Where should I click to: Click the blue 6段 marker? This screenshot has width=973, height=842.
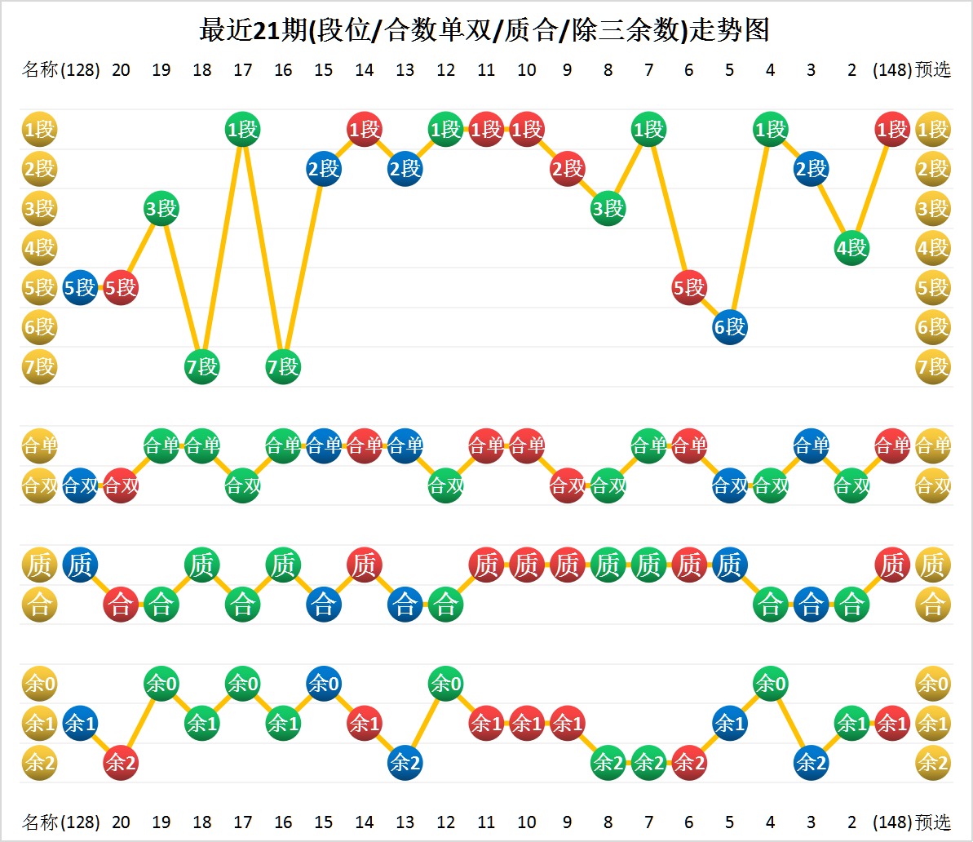coord(730,327)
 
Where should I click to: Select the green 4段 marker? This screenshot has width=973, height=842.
coord(851,248)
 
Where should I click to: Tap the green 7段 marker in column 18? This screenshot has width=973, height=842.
coord(202,367)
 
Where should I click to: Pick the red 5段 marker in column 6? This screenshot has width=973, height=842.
coord(689,287)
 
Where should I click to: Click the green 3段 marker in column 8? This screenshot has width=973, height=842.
coord(608,208)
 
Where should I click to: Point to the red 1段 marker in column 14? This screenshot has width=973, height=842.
coord(365,129)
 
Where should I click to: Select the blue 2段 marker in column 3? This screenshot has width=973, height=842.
coord(811,169)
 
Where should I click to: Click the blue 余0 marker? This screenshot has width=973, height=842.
coord(324,684)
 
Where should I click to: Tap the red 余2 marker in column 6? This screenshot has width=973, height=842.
coord(689,763)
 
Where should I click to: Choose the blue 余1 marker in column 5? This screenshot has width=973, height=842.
coord(730,723)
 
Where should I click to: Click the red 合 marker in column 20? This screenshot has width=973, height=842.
coord(121,605)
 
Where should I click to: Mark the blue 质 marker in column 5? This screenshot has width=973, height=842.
coord(730,565)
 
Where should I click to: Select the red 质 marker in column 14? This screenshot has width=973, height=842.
coord(365,565)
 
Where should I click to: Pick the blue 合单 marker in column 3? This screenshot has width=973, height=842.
coord(811,445)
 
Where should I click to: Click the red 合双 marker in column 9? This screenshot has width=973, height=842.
coord(567,485)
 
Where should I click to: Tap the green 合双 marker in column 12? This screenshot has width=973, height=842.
coord(445,485)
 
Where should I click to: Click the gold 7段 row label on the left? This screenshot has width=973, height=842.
coord(39,367)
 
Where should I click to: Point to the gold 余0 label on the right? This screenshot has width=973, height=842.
coord(933,684)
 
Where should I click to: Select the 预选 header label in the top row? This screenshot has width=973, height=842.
coord(933,69)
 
